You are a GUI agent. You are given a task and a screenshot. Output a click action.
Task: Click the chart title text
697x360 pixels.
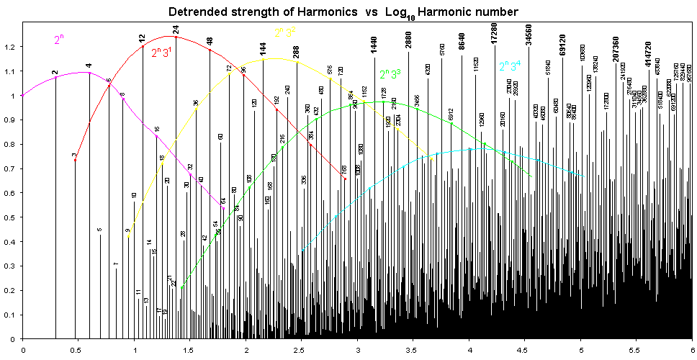pos(343,12)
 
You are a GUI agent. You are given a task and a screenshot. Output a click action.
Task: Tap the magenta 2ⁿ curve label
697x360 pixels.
pos(59,40)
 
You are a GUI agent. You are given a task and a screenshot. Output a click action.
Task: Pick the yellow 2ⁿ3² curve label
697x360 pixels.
pos(285,33)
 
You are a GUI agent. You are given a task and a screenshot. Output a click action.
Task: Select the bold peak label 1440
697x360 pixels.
pos(374,44)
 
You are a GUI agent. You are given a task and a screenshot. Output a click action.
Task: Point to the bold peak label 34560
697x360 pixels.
pos(529,35)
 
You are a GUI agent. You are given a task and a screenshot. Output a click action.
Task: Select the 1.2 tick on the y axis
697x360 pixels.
pos(12,47)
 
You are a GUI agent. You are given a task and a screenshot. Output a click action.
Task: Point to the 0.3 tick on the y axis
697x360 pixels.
pos(12,266)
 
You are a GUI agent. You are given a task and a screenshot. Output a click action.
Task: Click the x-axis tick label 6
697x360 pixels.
pos(692,351)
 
